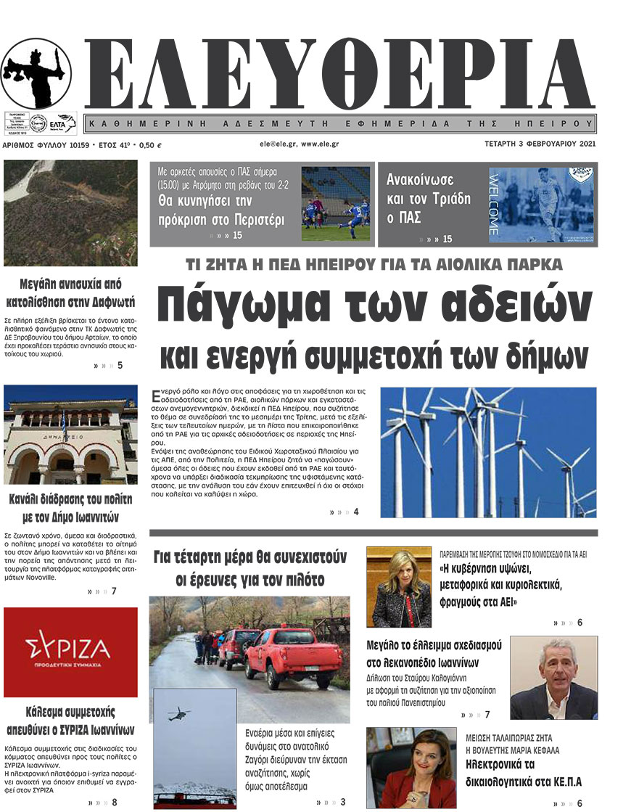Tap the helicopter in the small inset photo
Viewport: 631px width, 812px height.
click(x=178, y=714)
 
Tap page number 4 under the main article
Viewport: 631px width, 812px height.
click(x=355, y=512)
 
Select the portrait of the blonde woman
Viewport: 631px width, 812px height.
click(x=399, y=587)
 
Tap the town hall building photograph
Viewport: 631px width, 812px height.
click(x=70, y=434)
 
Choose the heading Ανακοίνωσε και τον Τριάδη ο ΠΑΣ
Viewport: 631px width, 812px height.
click(x=428, y=198)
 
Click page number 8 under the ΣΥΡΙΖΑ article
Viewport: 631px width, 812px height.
click(x=115, y=802)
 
